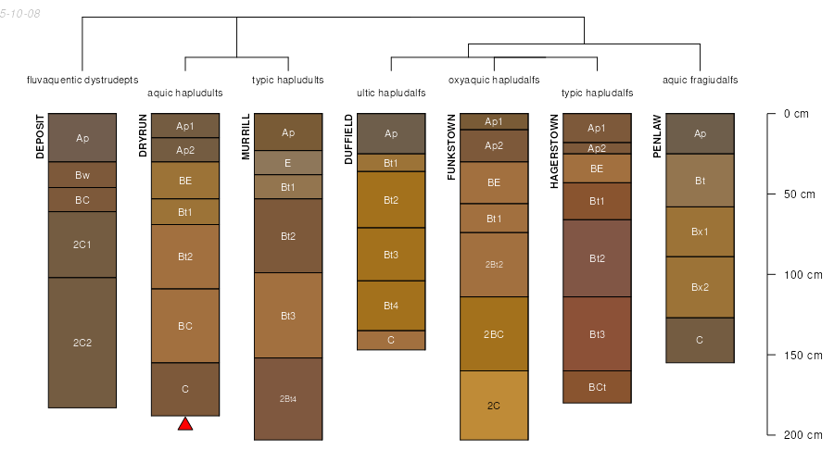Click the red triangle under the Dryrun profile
[x=185, y=424]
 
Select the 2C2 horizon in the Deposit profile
[x=82, y=343]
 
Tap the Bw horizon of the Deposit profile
[x=82, y=175]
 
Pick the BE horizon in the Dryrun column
[x=185, y=181]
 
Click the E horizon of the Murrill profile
[x=288, y=163]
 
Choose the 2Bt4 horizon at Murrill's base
[x=288, y=399]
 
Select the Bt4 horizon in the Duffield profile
[x=391, y=306]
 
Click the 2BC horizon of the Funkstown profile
[x=494, y=333]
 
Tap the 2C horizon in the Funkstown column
[x=494, y=406]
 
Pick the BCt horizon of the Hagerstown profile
[x=597, y=387]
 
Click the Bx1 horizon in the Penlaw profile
[x=700, y=231]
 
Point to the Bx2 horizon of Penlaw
[x=700, y=287]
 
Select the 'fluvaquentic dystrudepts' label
[x=82, y=80]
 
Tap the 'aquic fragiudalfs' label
[x=700, y=80]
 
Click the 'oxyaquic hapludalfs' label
[x=494, y=80]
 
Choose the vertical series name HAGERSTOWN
[x=553, y=152]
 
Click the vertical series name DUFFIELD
[x=347, y=140]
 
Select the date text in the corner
[x=19, y=15]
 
